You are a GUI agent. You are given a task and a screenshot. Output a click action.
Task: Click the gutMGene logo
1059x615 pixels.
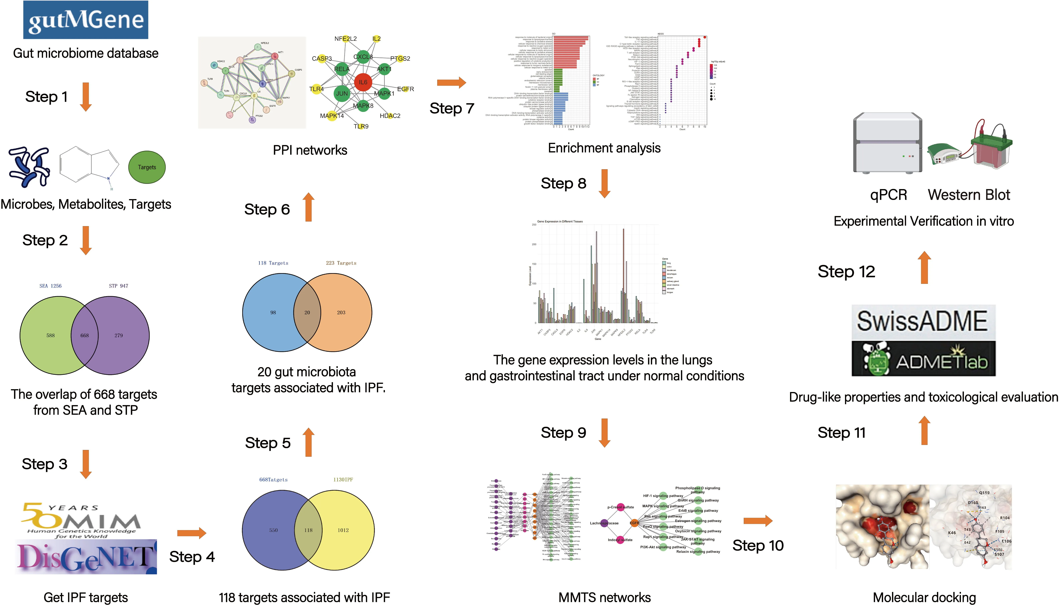[x=86, y=20]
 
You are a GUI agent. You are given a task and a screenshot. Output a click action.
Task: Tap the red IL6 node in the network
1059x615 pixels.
[x=363, y=82]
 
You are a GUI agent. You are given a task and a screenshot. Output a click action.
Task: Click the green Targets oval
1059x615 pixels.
[x=147, y=167]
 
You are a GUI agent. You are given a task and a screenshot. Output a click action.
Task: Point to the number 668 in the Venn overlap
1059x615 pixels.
[x=85, y=335]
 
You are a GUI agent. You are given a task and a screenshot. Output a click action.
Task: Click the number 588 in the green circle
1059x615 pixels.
[x=50, y=335]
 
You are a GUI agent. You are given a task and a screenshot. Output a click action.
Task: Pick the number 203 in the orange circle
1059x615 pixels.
[x=341, y=313]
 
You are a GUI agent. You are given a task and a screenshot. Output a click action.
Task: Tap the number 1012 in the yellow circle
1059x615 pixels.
[x=343, y=530]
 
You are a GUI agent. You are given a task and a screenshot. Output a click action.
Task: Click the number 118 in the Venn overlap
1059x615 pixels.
[x=308, y=530]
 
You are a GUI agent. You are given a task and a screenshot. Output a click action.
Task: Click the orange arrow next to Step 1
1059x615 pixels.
[x=86, y=97]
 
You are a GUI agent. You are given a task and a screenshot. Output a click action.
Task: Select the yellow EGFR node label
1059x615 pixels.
[x=405, y=89]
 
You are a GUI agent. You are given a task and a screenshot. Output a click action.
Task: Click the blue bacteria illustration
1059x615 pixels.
[x=29, y=167]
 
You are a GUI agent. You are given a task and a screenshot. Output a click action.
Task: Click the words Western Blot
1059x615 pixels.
[x=969, y=195]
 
